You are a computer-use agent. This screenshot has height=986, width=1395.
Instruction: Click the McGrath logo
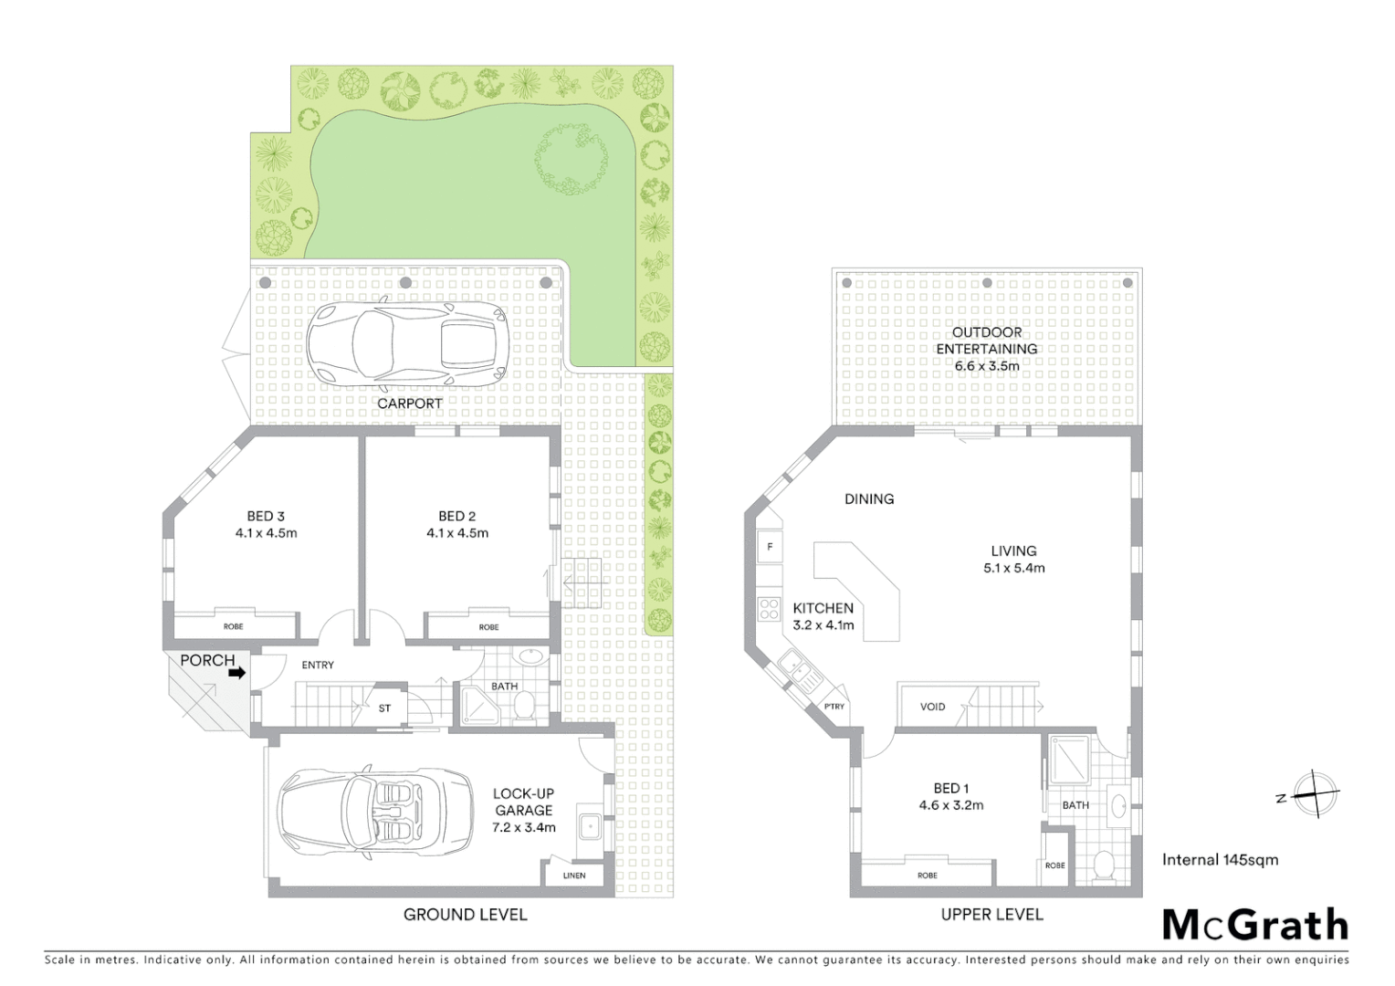coord(1255,925)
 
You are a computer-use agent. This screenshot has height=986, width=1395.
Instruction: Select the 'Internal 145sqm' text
coord(1220,859)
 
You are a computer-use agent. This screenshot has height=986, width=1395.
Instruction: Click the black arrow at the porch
coord(236,673)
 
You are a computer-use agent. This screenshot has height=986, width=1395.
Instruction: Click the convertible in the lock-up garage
coord(375,812)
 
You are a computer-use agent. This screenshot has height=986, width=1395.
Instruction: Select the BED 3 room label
coord(266,516)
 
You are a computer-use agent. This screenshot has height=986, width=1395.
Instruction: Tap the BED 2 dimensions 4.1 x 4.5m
coord(457,533)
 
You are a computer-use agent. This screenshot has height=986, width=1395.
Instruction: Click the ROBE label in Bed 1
coord(928,876)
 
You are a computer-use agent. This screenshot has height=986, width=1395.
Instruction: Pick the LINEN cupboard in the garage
coord(573,875)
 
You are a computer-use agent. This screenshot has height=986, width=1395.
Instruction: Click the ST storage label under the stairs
coord(384,708)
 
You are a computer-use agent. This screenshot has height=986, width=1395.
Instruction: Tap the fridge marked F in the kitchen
coord(770,547)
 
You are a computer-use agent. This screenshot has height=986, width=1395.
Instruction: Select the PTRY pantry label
coord(834,707)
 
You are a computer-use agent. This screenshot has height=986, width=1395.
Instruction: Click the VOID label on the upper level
coord(932,707)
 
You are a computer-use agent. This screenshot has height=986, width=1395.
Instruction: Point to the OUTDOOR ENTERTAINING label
coord(986,341)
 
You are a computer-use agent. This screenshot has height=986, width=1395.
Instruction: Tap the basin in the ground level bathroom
coord(529,657)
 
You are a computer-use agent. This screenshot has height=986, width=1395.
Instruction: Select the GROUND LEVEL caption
coord(465,914)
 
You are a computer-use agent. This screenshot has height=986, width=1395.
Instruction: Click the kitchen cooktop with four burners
coord(769,607)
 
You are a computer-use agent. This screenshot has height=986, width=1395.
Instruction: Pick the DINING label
coord(868,498)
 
